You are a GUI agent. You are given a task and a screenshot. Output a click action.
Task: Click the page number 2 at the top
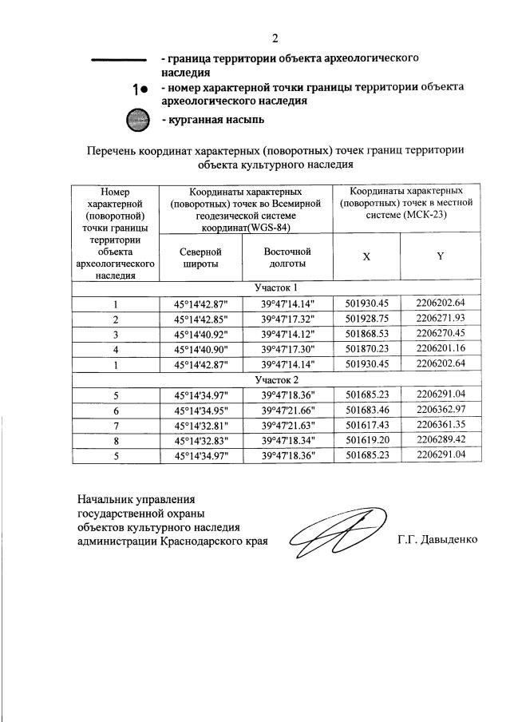(275, 38)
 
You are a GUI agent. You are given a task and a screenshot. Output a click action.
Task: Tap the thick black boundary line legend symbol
(117, 61)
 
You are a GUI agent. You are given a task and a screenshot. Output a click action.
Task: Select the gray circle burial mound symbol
(138, 120)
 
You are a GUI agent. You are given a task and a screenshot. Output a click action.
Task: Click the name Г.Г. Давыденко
(437, 540)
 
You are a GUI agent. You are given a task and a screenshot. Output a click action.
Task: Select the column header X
(366, 256)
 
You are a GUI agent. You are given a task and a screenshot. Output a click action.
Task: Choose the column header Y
(440, 256)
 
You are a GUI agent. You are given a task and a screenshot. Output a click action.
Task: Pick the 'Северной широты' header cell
(200, 257)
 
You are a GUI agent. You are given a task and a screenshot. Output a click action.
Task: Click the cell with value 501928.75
(367, 318)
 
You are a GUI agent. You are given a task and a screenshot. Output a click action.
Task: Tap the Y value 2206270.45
(441, 333)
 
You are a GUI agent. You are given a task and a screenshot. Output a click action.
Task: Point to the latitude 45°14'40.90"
(200, 348)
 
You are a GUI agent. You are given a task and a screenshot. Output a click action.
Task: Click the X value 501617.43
(367, 425)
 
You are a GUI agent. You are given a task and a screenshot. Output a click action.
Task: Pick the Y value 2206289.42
(441, 440)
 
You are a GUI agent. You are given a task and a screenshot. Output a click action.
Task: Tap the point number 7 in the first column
(116, 425)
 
